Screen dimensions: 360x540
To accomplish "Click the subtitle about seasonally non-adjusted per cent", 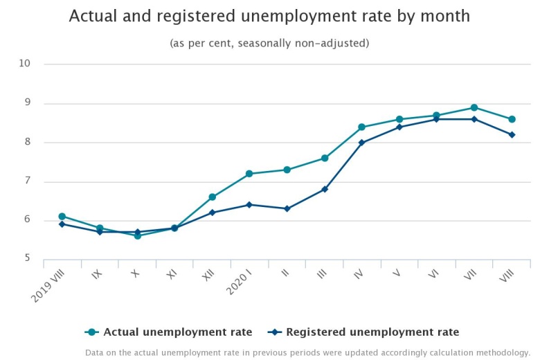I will pyautogui.click(x=269, y=43).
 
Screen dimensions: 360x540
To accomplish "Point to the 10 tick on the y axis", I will pyautogui.click(x=26, y=64).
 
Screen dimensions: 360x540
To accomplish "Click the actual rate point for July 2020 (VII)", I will pyautogui.click(x=474, y=107).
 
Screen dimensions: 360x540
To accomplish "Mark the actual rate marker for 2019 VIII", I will pyautogui.click(x=62, y=217).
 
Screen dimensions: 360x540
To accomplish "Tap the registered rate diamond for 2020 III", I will pyautogui.click(x=324, y=189).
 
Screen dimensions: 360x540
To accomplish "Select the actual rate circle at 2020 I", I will pyautogui.click(x=249, y=174).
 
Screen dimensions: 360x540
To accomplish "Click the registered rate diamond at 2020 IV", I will pyautogui.click(x=361, y=143).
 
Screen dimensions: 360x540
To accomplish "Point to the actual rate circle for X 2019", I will pyautogui.click(x=137, y=236).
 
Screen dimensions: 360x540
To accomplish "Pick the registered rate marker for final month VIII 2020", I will pyautogui.click(x=512, y=134).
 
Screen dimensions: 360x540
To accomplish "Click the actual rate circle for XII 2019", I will pyautogui.click(x=212, y=197).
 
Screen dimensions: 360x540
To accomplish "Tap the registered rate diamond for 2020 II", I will pyautogui.click(x=287, y=208).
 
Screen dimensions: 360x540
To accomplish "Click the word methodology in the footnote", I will pyautogui.click(x=505, y=352).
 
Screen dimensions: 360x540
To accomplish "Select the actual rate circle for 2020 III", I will pyautogui.click(x=324, y=158).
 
